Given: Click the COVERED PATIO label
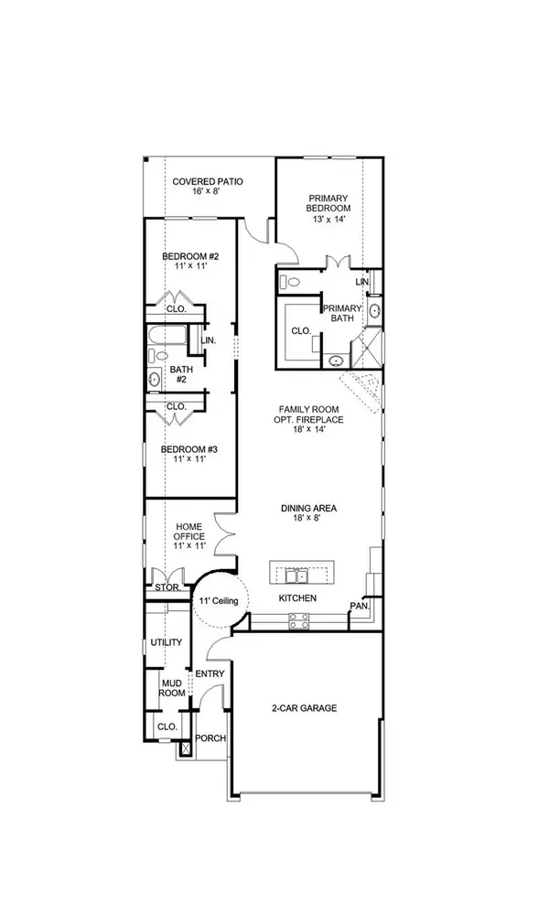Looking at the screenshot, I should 208,182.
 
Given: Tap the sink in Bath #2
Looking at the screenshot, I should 153,377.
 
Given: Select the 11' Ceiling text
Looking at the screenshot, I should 219,600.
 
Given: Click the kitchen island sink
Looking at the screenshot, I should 295,576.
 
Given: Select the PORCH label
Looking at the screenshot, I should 211,738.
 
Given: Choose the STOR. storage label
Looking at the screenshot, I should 166,587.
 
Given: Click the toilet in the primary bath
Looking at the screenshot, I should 284,282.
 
